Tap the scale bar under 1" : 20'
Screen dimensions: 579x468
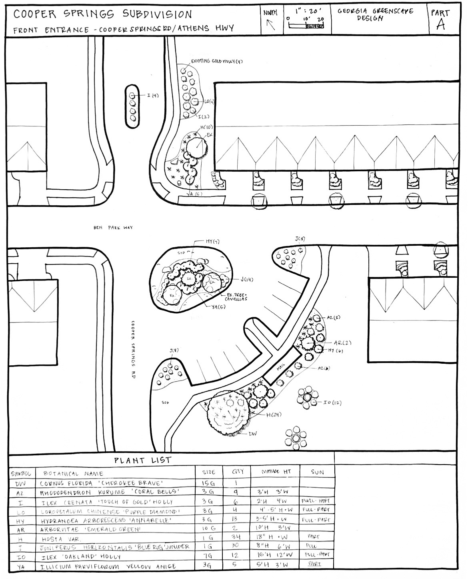coord(306,26)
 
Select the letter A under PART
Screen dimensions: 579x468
coord(440,25)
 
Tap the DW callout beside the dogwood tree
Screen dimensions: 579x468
coord(253,433)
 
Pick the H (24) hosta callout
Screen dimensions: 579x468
coord(274,415)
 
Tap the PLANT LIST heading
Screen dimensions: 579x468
coord(143,460)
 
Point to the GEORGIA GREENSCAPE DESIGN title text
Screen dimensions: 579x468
coord(375,15)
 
